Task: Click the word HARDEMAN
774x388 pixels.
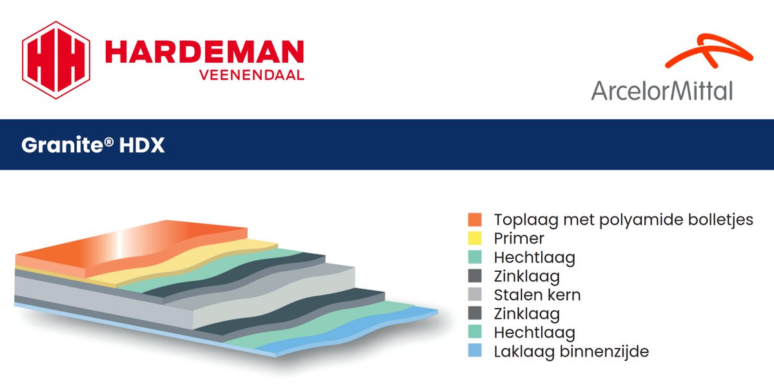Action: pyautogui.click(x=204, y=52)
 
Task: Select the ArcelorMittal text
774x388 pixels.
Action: pyautogui.click(x=662, y=90)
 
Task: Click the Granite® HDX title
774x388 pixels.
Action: pyautogui.click(x=93, y=145)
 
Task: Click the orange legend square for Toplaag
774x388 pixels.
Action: pyautogui.click(x=475, y=220)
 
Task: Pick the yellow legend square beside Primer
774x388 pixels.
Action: pyautogui.click(x=475, y=239)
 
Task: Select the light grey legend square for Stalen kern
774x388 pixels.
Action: pyautogui.click(x=475, y=295)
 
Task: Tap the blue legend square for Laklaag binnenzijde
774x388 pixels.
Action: pyautogui.click(x=475, y=352)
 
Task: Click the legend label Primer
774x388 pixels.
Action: pyautogui.click(x=519, y=239)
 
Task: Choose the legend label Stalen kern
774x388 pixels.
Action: pyautogui.click(x=537, y=295)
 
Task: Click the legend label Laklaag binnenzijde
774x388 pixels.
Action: pyautogui.click(x=571, y=352)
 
